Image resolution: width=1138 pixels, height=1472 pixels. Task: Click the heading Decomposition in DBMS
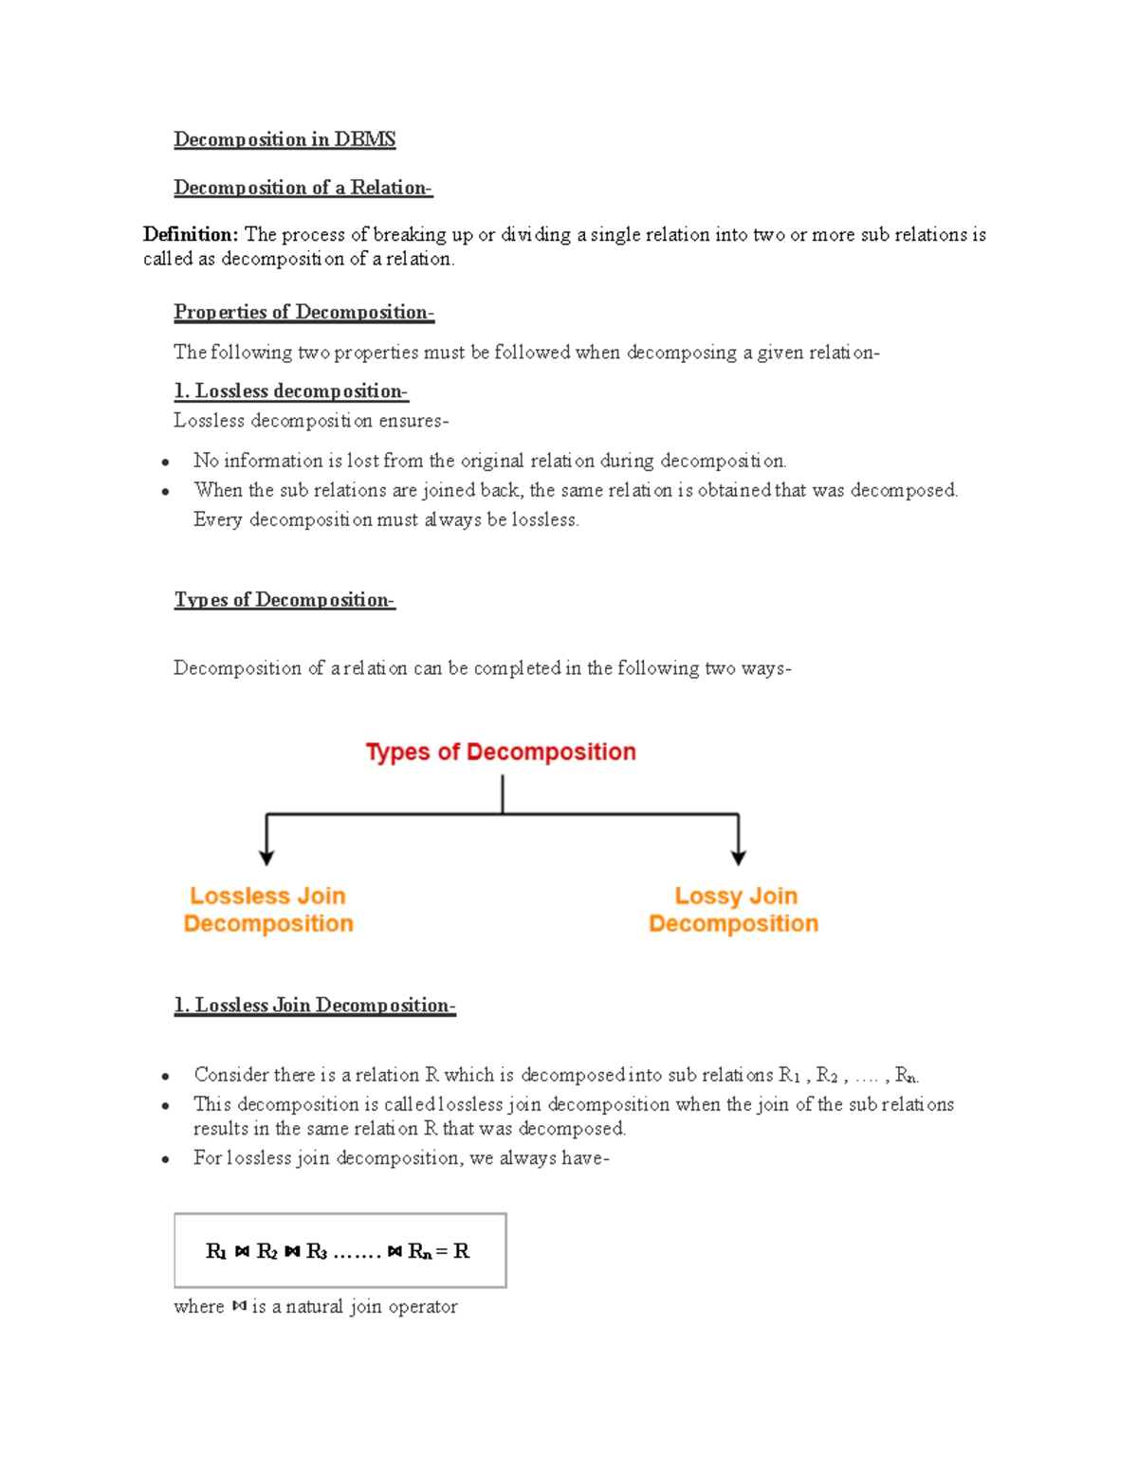pyautogui.click(x=284, y=139)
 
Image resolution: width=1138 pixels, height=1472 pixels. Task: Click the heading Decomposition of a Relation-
pyautogui.click(x=303, y=188)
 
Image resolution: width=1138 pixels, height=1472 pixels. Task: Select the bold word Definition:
pyautogui.click(x=191, y=234)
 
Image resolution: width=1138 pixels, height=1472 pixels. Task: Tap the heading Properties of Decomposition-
pyautogui.click(x=303, y=312)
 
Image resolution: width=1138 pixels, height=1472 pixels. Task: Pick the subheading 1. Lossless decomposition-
pyautogui.click(x=290, y=391)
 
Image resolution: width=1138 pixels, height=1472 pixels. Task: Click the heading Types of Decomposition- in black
pyautogui.click(x=284, y=600)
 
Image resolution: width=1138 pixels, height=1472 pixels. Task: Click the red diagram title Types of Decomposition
pyautogui.click(x=501, y=752)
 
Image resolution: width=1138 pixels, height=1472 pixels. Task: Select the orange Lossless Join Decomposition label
pyautogui.click(x=268, y=910)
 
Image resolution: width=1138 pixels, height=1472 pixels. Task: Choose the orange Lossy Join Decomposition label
pyautogui.click(x=734, y=910)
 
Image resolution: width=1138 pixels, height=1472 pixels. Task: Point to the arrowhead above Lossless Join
pyautogui.click(x=266, y=857)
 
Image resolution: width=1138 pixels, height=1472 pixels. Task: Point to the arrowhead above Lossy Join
pyautogui.click(x=738, y=857)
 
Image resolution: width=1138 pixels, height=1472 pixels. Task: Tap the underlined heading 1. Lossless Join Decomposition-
pyautogui.click(x=315, y=1006)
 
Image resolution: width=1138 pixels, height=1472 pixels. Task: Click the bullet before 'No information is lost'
pyautogui.click(x=166, y=463)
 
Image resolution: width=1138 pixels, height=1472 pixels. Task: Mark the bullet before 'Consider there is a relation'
pyautogui.click(x=166, y=1077)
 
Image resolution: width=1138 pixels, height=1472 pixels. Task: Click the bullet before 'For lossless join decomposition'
pyautogui.click(x=166, y=1159)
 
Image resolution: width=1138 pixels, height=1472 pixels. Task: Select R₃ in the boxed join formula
pyautogui.click(x=317, y=1252)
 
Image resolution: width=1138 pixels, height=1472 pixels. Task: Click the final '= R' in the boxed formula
pyautogui.click(x=454, y=1251)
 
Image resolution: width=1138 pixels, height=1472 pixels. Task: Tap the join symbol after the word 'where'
pyautogui.click(x=239, y=1306)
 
